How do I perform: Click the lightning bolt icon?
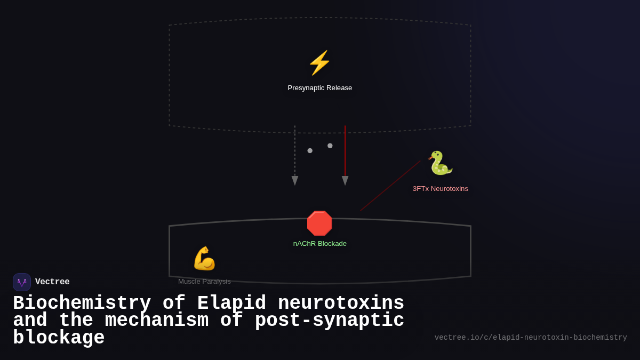tap(319, 63)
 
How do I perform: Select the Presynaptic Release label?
tap(319, 88)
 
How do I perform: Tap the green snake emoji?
tap(440, 163)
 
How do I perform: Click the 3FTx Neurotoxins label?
tap(440, 189)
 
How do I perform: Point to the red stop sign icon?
tap(319, 223)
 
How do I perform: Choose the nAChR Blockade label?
tap(319, 244)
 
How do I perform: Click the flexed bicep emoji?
tap(204, 259)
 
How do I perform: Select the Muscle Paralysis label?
tap(204, 282)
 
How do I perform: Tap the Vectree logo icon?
tap(22, 282)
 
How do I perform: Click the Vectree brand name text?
tap(52, 282)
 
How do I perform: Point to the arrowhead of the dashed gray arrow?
tap(295, 181)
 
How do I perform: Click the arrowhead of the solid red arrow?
tap(345, 181)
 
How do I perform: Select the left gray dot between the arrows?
tap(310, 151)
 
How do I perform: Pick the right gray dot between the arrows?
tap(330, 146)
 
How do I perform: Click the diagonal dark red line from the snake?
tap(390, 186)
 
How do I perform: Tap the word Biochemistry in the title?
tap(82, 303)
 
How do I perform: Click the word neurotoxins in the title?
tap(341, 303)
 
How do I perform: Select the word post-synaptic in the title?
tap(329, 321)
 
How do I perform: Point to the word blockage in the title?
tap(59, 338)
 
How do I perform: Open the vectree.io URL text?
tap(530, 338)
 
